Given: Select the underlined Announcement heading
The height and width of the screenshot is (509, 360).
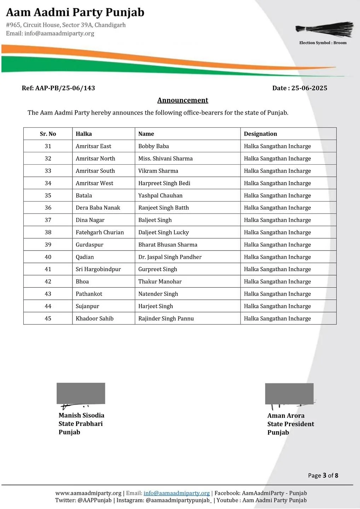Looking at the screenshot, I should tap(182, 100).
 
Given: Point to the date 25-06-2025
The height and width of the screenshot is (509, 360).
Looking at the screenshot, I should tap(309, 88).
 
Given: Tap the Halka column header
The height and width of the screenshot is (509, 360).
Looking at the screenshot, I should tap(84, 134).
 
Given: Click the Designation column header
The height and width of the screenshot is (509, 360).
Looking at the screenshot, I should tap(260, 134).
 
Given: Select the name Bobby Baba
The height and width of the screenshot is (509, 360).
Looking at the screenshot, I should tap(153, 146).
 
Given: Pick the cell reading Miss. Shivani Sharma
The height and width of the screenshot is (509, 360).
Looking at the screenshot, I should tap(166, 159).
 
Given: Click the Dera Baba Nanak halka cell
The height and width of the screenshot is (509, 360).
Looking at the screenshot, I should tap(98, 208).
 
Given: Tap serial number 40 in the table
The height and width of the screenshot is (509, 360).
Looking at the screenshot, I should tap(48, 257).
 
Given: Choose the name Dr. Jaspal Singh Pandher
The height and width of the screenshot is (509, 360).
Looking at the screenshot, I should tap(170, 257).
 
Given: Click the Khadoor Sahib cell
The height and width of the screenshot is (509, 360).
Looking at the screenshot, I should tap(94, 318).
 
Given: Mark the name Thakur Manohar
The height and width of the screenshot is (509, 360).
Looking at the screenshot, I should tap(160, 282).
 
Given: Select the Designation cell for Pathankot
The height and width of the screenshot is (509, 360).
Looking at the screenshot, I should tap(277, 294).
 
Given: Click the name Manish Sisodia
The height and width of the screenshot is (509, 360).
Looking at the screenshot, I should tap(81, 415).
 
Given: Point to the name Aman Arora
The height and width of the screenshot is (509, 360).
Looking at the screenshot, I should tap(286, 416).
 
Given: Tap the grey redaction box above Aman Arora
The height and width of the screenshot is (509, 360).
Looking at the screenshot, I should tap(289, 393).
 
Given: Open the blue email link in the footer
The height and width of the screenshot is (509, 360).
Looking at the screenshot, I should tap(176, 493).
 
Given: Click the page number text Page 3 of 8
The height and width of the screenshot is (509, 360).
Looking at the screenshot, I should tap(323, 475).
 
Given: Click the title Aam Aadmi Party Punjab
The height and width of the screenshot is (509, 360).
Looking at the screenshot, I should tap(75, 12).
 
